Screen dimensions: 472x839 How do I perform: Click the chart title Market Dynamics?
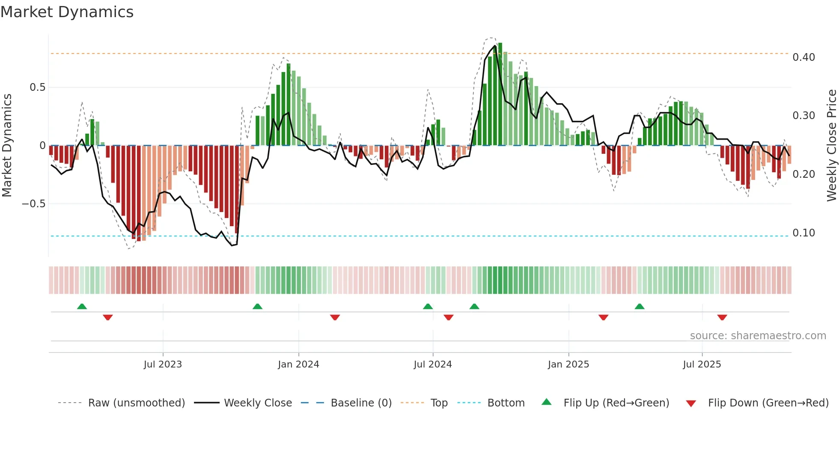[x=67, y=12]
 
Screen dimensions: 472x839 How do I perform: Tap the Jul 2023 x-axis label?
[x=163, y=364]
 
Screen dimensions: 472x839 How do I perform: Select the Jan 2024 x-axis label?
[x=298, y=364]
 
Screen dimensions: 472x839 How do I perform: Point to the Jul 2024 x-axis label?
[x=432, y=364]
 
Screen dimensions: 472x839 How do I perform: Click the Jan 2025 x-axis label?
[x=568, y=364]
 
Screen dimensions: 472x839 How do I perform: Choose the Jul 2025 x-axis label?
[x=702, y=364]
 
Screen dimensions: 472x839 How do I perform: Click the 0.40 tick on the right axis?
[x=803, y=57]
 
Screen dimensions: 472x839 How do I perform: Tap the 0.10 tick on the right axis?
[x=803, y=233]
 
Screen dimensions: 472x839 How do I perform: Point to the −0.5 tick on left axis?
[x=33, y=204]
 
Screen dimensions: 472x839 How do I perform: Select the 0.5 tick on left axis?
[x=37, y=87]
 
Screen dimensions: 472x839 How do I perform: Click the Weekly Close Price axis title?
[x=831, y=145]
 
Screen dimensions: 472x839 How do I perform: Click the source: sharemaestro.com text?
[x=758, y=336]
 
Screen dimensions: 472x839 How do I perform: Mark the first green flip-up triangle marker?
[x=82, y=307]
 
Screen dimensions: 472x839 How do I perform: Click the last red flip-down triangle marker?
[x=722, y=317]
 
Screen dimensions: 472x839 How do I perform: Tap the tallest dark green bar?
[x=500, y=94]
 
